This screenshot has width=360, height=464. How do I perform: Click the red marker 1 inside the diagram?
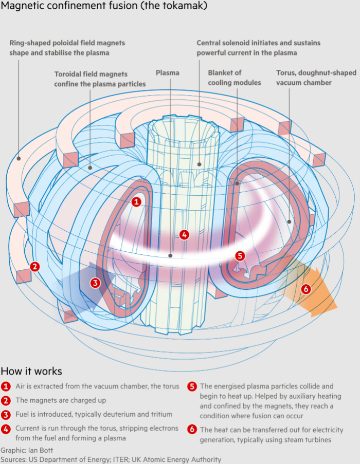pyautogui.click(x=136, y=202)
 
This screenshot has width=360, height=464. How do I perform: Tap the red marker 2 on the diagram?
pyautogui.click(x=34, y=266)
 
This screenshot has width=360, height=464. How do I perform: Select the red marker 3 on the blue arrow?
pyautogui.click(x=95, y=282)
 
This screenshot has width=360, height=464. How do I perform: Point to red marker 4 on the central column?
pyautogui.click(x=184, y=235)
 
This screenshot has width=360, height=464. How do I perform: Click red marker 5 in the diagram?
pyautogui.click(x=240, y=255)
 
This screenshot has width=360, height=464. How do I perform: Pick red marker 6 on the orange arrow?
pyautogui.click(x=305, y=289)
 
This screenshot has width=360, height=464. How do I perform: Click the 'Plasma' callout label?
pyautogui.click(x=168, y=73)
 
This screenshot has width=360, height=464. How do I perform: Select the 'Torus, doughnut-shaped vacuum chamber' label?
pyautogui.click(x=316, y=78)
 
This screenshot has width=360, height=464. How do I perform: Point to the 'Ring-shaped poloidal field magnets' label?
pyautogui.click(x=67, y=48)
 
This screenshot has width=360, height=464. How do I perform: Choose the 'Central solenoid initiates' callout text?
pyautogui.click(x=254, y=48)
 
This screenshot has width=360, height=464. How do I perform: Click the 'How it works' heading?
pyautogui.click(x=31, y=371)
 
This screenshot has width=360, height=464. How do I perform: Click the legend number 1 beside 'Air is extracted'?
pyautogui.click(x=6, y=386)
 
